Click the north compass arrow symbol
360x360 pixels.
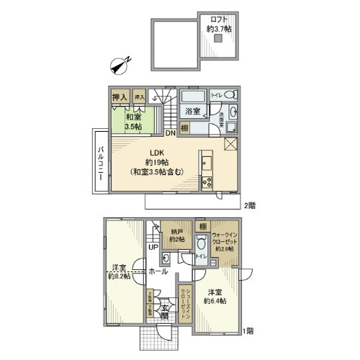coord(120,66)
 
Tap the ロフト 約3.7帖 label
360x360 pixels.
coord(217,24)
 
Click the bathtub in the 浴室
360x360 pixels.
coord(191,97)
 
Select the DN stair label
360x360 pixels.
coord(170,133)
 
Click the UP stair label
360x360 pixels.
coord(153,248)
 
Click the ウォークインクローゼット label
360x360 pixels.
coord(230,234)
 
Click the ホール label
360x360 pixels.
coord(158,271)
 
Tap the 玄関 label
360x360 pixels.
coord(165,311)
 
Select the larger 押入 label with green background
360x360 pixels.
coord(120,96)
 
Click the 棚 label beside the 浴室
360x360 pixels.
coord(185,127)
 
